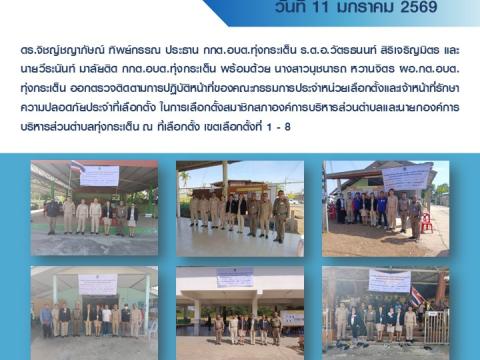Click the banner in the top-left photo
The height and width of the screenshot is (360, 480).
99,176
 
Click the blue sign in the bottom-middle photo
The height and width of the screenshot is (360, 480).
235,276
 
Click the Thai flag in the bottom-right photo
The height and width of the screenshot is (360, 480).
417,298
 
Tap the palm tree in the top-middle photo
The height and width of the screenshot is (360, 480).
184,180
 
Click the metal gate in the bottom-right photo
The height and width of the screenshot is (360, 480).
436,326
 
